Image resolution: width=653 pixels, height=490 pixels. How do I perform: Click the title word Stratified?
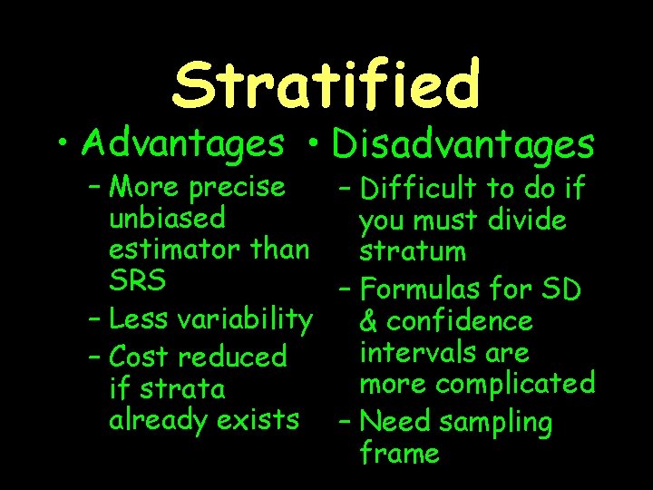[326, 83]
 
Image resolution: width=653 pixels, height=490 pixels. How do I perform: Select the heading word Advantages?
[182, 142]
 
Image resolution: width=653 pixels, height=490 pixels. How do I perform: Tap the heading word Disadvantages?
[463, 144]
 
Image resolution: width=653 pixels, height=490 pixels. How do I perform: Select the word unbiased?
[167, 218]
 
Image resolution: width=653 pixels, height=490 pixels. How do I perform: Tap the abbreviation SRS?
[138, 280]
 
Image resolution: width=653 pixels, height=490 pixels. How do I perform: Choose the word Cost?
[139, 356]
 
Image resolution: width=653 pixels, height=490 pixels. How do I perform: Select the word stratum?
[412, 250]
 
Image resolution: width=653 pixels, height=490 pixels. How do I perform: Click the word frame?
[399, 452]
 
